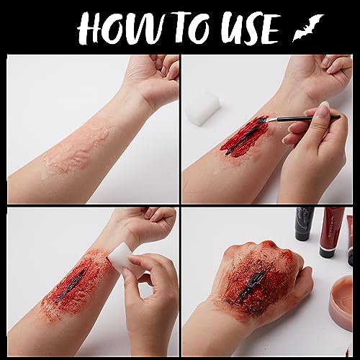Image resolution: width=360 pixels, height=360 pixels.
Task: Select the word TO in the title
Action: tap(192, 28)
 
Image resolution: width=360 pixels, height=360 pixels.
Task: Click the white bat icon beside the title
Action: tap(308, 27)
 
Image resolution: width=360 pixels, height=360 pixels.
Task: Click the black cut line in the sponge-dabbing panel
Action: tap(70, 286)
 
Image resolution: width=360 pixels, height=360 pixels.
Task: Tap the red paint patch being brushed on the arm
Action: tap(245, 136)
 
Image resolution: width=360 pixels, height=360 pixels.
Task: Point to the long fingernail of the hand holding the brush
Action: tap(325, 106)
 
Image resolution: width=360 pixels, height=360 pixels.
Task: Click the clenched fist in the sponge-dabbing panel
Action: tap(149, 225)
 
